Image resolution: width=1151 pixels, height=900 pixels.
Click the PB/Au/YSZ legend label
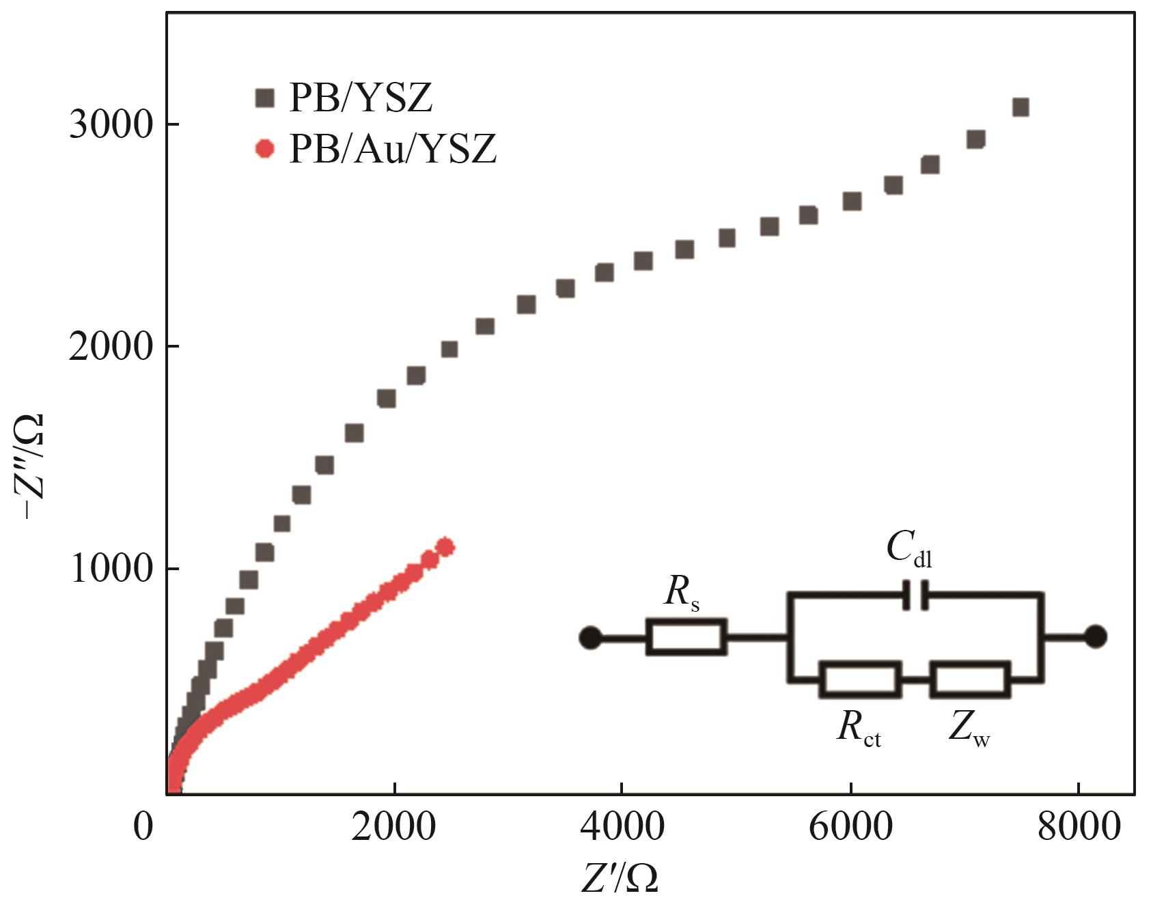(393, 149)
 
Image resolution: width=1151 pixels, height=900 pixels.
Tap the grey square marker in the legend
(264, 98)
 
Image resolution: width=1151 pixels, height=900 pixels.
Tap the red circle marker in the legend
(264, 148)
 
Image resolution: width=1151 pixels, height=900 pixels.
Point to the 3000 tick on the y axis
(109, 125)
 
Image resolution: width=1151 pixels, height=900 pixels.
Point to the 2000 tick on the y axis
(109, 347)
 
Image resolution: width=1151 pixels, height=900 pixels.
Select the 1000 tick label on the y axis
(109, 569)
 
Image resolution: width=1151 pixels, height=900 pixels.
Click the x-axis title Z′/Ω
(620, 877)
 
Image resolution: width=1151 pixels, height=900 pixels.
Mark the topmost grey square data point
(1021, 107)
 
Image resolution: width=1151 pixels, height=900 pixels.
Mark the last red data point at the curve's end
(445, 547)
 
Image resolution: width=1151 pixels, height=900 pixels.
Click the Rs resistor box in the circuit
(686, 637)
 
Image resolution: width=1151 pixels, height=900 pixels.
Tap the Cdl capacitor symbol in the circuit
(915, 595)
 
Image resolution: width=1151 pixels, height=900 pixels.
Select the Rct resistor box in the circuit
(860, 679)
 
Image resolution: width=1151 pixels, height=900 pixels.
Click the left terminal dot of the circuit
(590, 638)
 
